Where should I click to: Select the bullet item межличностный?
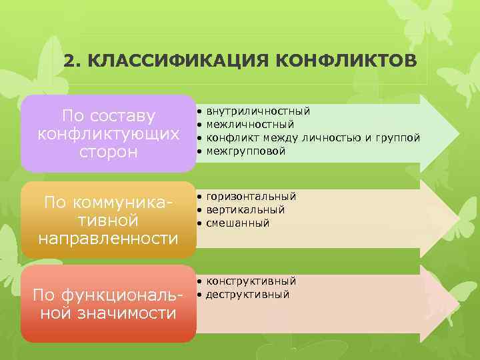(251, 124)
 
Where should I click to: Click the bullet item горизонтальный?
(251, 196)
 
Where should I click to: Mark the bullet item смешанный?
(237, 223)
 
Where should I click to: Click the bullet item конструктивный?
(251, 281)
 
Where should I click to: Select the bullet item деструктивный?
(247, 294)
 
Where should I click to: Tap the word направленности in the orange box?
(109, 237)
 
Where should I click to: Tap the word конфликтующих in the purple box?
(109, 134)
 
